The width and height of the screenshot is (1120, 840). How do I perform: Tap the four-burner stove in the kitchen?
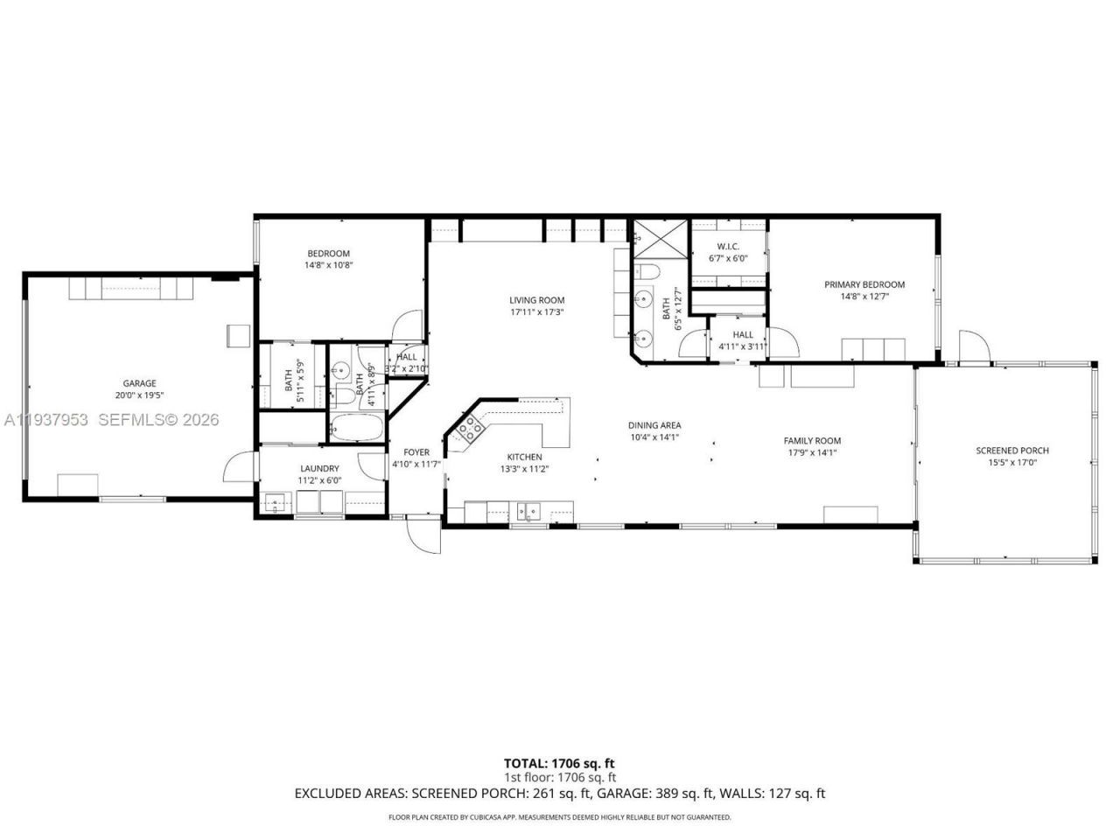click(x=471, y=429)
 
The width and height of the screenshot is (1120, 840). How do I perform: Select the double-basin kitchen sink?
click(x=528, y=510)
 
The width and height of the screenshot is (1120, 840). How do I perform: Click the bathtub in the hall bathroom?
click(x=357, y=429)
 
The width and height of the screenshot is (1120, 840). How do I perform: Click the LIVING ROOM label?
click(x=537, y=300)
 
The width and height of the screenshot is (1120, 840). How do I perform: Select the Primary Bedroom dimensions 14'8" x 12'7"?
click(x=864, y=297)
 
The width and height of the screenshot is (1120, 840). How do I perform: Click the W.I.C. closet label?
click(x=728, y=246)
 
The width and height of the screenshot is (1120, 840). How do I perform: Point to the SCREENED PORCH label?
click(x=1012, y=451)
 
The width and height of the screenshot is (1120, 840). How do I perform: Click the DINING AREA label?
click(x=654, y=425)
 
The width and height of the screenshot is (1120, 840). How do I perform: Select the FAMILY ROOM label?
click(x=812, y=441)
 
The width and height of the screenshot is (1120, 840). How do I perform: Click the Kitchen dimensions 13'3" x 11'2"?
click(x=525, y=469)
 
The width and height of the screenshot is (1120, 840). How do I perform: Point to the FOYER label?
click(x=416, y=452)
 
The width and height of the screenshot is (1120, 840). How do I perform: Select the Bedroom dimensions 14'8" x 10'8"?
click(x=329, y=265)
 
